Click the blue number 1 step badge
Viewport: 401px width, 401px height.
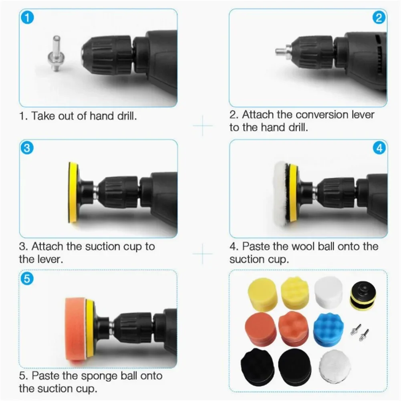[27, 18]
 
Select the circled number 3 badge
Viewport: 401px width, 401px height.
[27, 148]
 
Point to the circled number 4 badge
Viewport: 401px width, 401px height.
[379, 148]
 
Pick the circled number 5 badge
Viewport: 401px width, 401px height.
[27, 279]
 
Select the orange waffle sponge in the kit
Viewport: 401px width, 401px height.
[294, 330]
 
